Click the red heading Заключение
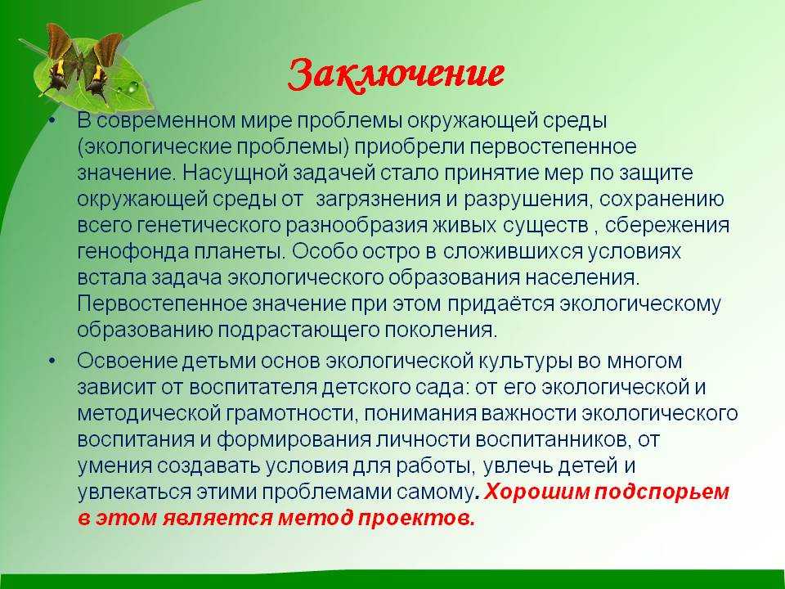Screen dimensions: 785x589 coord(396,75)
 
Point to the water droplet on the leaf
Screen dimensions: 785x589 coord(132,88)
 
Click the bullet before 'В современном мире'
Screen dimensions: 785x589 coord(53,121)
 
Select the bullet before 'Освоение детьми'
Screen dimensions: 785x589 coord(53,361)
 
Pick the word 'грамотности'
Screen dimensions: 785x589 coord(292,414)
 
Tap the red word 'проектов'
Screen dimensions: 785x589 coord(415,519)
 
